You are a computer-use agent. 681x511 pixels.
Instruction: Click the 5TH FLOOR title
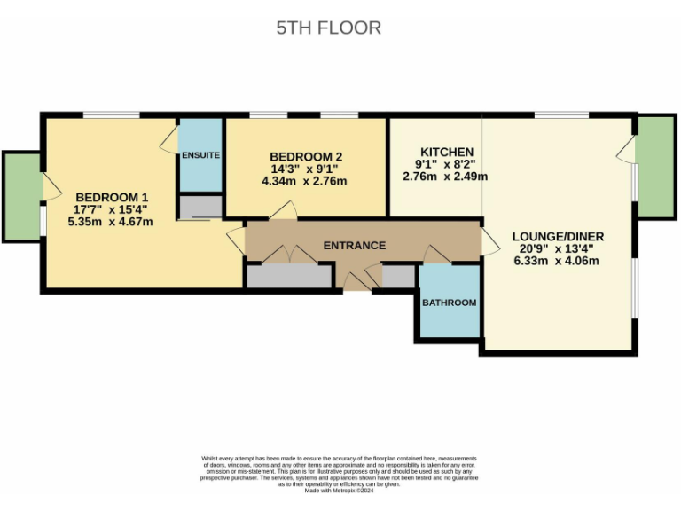328,28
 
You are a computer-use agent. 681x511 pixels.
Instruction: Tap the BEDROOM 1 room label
112,197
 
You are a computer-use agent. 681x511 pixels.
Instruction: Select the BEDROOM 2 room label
306,157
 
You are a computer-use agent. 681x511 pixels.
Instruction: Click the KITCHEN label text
446,152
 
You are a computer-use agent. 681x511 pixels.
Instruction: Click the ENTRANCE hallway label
354,246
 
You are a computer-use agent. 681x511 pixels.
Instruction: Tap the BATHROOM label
449,303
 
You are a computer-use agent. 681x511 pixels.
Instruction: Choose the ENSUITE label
200,155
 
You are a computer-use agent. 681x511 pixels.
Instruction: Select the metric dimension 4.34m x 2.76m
304,182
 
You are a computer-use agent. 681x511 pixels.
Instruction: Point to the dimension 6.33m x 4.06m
557,261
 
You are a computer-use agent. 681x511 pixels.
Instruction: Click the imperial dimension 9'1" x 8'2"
445,164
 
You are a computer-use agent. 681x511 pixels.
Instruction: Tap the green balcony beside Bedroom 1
21,195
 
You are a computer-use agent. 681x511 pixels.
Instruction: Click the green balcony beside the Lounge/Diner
655,167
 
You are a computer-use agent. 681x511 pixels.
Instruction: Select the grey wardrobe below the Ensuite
200,208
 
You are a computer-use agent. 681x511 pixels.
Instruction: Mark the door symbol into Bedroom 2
283,210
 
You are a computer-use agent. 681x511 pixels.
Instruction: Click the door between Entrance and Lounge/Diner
489,240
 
